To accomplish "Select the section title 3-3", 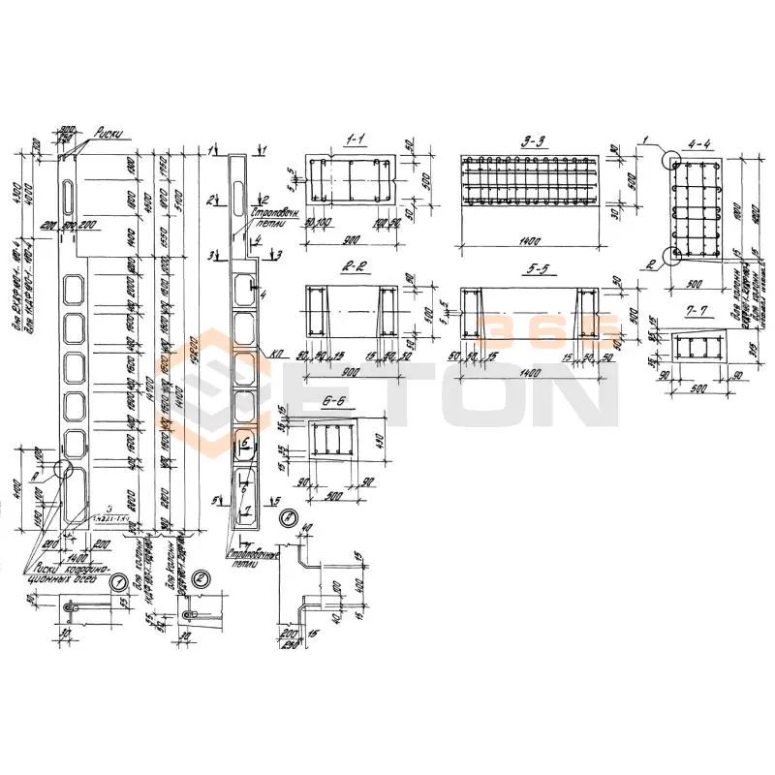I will (x=531, y=141).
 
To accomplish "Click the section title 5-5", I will (x=528, y=268).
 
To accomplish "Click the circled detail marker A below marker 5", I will (x=288, y=520).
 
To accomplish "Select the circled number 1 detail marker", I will (x=117, y=582).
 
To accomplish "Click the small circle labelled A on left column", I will (x=64, y=468).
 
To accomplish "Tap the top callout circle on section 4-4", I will (x=669, y=159).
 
